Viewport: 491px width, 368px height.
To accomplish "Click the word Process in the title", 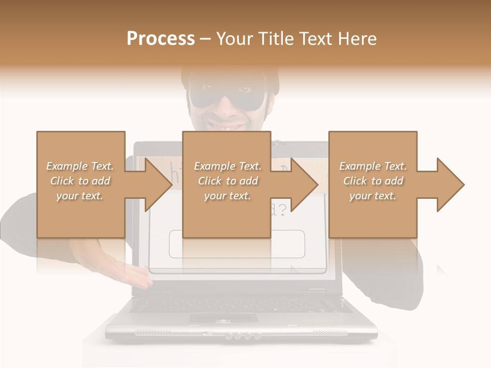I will (x=161, y=39).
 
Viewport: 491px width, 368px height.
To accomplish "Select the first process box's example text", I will (x=80, y=181).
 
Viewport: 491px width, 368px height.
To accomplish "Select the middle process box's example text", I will (x=228, y=181).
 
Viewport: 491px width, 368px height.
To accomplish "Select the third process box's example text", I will (x=373, y=181).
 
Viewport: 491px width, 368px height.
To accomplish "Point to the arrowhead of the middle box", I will (x=304, y=185).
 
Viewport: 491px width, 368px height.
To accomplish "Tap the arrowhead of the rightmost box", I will (x=450, y=185).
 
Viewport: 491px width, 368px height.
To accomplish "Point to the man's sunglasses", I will (x=227, y=97).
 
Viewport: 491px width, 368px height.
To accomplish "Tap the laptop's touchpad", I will (x=224, y=318).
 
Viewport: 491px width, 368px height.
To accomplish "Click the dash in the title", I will (x=206, y=39).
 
